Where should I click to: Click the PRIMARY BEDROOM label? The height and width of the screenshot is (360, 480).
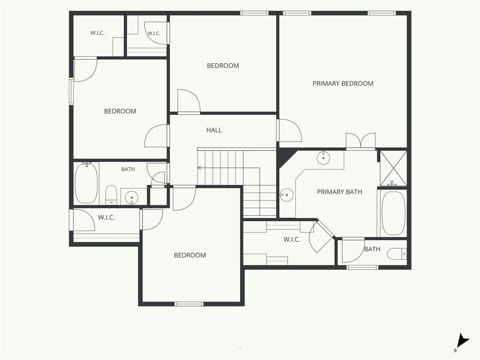(x=343, y=83)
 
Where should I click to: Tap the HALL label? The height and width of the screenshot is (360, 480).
(x=214, y=130)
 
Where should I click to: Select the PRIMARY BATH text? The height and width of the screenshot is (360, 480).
(x=339, y=192)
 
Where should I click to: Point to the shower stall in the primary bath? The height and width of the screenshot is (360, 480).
(x=393, y=168)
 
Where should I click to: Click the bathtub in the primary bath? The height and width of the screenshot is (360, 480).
(x=394, y=213)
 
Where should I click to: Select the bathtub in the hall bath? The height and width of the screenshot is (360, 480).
(x=87, y=183)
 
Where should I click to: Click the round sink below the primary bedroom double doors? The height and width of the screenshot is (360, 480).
(x=323, y=158)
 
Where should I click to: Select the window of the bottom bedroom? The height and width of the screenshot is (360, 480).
(x=189, y=304)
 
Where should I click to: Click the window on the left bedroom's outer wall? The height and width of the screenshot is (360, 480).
(x=71, y=91)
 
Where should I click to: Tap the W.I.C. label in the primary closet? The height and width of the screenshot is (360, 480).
(x=292, y=240)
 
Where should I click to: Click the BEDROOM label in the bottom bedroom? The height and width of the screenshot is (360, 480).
(x=190, y=255)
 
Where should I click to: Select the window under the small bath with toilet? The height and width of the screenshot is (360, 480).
(x=362, y=267)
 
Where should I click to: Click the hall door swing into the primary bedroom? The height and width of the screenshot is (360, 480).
(x=290, y=130)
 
